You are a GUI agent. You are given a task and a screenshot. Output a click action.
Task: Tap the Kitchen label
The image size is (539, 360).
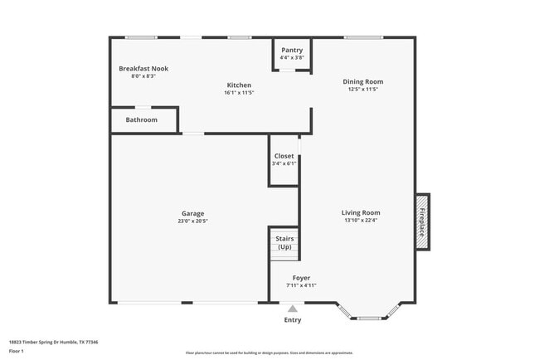point(239,85)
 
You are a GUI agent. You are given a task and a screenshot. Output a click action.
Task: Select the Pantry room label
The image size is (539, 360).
point(292,50)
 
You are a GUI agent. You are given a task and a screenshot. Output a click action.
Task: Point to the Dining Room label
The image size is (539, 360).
point(363,81)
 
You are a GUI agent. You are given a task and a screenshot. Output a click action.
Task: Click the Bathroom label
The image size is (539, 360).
point(142,119)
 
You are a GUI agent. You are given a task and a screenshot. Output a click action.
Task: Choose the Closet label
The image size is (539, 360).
point(284,156)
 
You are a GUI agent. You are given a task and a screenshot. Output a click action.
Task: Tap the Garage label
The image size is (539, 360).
point(192,213)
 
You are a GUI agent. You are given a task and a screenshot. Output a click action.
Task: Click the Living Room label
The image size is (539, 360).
point(361,212)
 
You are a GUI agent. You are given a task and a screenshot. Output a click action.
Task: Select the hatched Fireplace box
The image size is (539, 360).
point(421,221)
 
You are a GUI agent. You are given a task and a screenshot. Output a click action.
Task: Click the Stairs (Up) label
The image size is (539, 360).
point(284,243)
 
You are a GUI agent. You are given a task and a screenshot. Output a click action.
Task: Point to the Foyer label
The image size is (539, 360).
point(302,278)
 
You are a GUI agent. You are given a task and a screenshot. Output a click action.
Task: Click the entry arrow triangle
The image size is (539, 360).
point(292,309)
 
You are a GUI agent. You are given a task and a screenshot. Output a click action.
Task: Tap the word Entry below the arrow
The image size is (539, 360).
point(293,320)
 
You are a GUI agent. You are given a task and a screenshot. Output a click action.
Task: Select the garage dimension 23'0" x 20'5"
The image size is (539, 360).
point(192,221)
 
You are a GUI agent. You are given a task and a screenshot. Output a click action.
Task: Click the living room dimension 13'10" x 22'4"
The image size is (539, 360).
point(361,221)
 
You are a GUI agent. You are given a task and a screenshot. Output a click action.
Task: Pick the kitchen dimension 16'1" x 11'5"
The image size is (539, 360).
point(239,93)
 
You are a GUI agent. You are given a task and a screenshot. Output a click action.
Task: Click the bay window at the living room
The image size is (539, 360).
point(369,316)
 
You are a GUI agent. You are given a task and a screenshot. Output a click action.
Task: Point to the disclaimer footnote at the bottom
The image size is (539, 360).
point(269,353)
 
